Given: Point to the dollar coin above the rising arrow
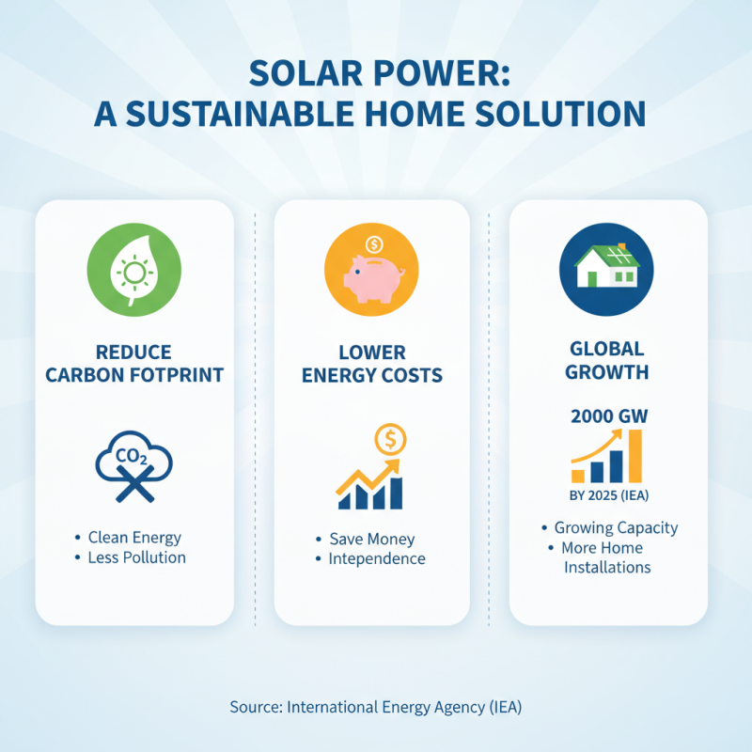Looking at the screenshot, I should (x=388, y=439).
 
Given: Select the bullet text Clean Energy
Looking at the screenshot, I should (x=134, y=538).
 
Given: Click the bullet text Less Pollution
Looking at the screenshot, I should (x=137, y=557).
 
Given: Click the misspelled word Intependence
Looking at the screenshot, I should (x=377, y=559).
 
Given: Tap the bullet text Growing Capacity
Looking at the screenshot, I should (x=616, y=528).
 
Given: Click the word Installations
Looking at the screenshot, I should (x=607, y=568).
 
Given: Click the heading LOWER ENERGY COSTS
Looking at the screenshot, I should (x=371, y=364).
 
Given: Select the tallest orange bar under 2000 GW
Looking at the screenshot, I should (x=634, y=456).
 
